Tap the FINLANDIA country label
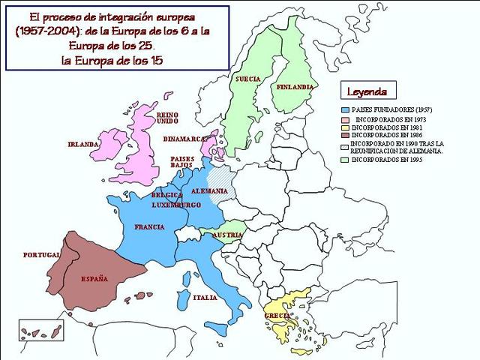click(x=295, y=87)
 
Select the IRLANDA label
click(x=83, y=144)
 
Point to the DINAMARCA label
click(x=185, y=139)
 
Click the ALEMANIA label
click(x=209, y=190)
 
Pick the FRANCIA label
click(x=149, y=226)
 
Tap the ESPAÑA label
click(x=94, y=279)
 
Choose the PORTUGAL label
click(x=41, y=255)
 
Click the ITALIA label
click(x=205, y=298)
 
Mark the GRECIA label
click(x=277, y=316)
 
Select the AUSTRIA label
click(x=227, y=235)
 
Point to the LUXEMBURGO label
click(x=176, y=205)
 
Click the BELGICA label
click(x=166, y=195)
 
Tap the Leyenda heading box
click(x=367, y=91)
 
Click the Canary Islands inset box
click(x=34, y=330)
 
